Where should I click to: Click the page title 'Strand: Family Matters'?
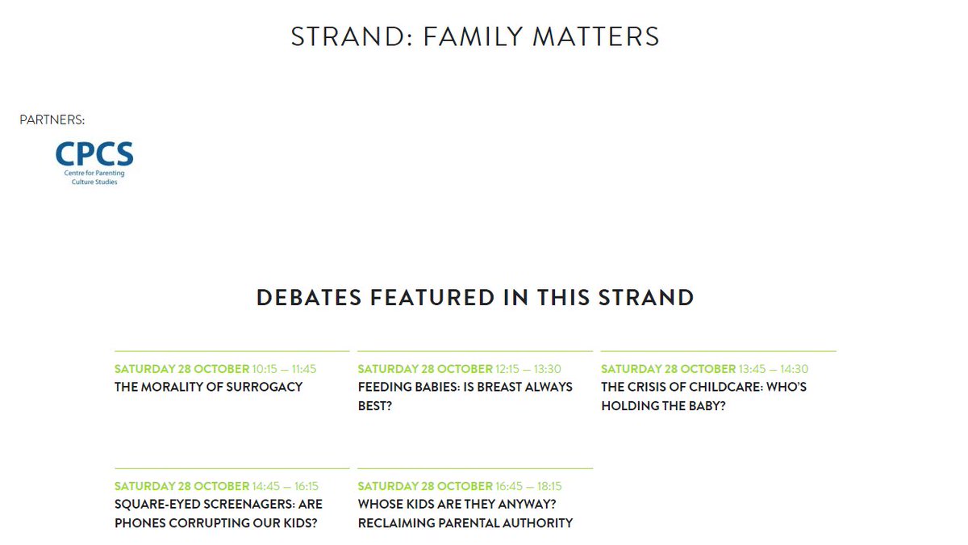coord(475,37)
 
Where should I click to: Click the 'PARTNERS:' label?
coord(52,120)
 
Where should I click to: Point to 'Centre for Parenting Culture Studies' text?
coord(94,178)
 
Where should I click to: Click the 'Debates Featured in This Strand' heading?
coord(475,297)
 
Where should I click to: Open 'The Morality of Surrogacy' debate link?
coord(208,387)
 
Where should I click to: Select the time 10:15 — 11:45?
coord(284,369)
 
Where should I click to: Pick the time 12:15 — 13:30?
coord(528,369)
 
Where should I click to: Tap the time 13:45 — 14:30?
coord(773,369)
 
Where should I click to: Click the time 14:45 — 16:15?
coord(285,486)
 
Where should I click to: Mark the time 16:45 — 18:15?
coord(528,486)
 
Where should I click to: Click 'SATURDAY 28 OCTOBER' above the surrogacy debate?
coord(181,369)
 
